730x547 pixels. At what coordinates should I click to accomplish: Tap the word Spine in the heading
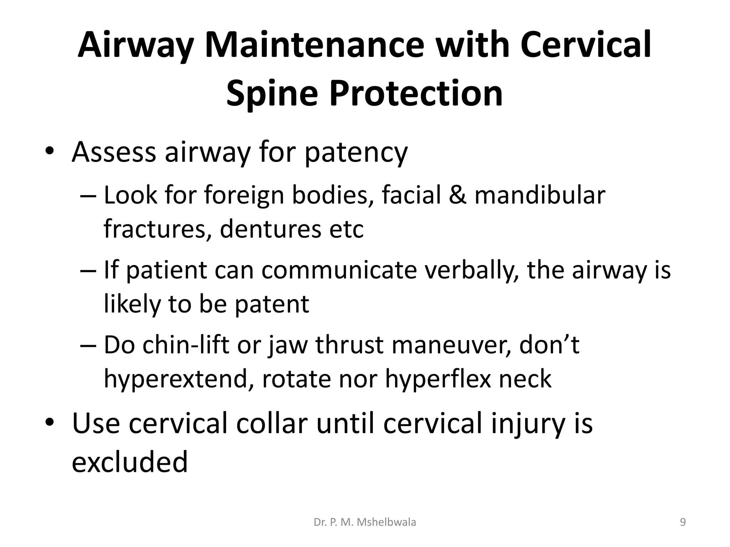coord(272,93)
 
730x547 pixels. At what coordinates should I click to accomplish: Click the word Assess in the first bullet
coord(114,152)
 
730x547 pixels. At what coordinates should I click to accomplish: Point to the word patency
coord(356,153)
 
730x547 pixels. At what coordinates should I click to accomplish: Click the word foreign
coord(244,196)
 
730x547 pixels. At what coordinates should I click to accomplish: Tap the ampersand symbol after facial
coord(457,195)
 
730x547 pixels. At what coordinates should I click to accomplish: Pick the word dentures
coord(271,229)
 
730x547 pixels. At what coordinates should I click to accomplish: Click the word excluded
coord(130,462)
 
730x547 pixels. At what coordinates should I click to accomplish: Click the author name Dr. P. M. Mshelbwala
coord(365,522)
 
